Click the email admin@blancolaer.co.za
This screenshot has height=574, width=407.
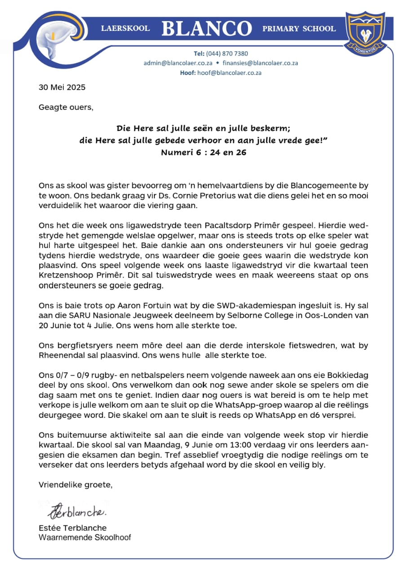[x=178, y=63]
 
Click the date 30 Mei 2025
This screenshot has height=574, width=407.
[x=62, y=87]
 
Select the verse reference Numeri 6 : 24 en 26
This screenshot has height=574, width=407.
[x=203, y=152]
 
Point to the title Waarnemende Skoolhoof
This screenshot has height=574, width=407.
[x=85, y=537]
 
